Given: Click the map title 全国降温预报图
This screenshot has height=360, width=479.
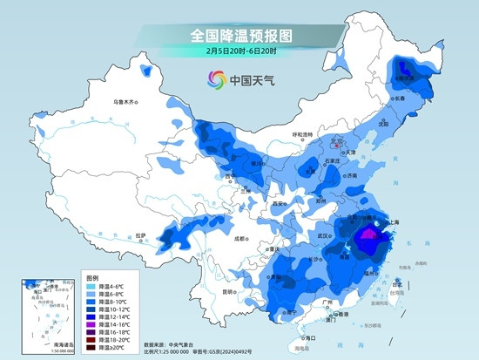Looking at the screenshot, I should pyautogui.click(x=239, y=35).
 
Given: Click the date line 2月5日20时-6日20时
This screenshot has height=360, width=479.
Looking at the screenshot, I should pyautogui.click(x=239, y=51).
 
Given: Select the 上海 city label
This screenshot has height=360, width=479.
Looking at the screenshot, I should pyautogui.click(x=393, y=223).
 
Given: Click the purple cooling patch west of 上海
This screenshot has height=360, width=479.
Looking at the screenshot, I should pyautogui.click(x=369, y=234).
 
